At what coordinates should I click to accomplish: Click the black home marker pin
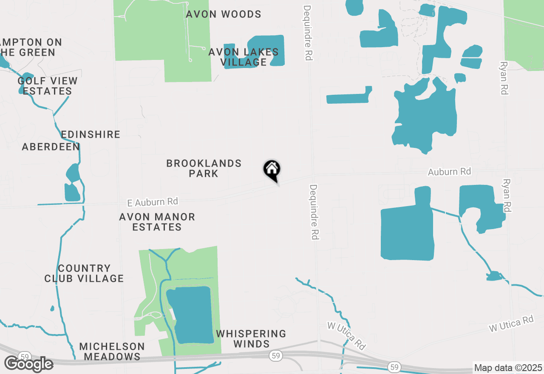(272, 170)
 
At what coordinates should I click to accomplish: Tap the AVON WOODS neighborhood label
(224, 14)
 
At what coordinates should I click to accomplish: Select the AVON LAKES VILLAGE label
(244, 57)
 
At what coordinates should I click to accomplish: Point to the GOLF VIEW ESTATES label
(48, 86)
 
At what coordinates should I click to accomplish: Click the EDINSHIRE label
(91, 135)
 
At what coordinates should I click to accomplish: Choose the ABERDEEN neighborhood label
(51, 147)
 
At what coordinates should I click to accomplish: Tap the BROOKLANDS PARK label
(204, 168)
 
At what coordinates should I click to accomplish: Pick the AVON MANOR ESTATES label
(157, 222)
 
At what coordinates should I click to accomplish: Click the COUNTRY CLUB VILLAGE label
(84, 273)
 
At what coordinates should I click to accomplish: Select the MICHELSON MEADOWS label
(112, 351)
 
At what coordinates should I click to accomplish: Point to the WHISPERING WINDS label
(251, 339)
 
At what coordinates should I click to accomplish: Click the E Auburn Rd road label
(153, 202)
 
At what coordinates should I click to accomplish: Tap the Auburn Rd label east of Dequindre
(449, 172)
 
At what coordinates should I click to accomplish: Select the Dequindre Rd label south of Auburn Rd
(314, 212)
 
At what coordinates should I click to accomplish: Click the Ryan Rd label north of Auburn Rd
(504, 77)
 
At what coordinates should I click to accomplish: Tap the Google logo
(28, 364)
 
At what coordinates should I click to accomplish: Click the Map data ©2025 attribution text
(508, 368)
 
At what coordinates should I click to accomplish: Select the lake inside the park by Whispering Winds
(190, 314)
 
